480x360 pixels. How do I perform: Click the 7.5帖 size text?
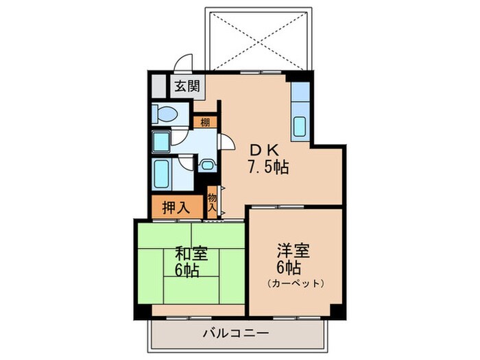[267, 167]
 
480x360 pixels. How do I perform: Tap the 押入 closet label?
[176, 208]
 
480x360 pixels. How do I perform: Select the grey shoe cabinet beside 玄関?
[159, 86]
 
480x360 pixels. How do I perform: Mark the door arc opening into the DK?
[224, 141]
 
